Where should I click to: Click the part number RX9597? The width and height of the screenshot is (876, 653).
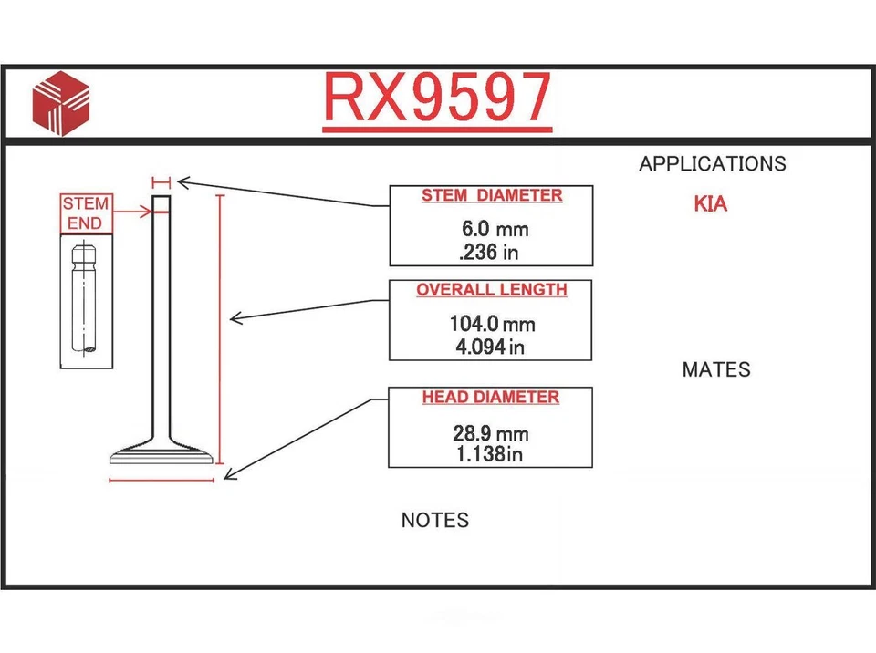pyautogui.click(x=437, y=98)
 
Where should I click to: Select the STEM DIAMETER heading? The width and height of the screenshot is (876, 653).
pyautogui.click(x=492, y=196)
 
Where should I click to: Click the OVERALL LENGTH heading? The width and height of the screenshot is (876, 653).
pyautogui.click(x=492, y=291)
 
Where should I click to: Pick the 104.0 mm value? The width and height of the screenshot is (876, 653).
pyautogui.click(x=491, y=324)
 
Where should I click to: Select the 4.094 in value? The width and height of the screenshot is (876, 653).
pyautogui.click(x=491, y=347)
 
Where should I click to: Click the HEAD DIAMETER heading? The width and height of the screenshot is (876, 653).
pyautogui.click(x=491, y=399)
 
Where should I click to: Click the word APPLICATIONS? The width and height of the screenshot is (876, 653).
pyautogui.click(x=712, y=164)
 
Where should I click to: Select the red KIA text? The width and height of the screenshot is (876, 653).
pyautogui.click(x=711, y=204)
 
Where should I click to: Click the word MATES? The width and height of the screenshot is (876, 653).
pyautogui.click(x=716, y=369)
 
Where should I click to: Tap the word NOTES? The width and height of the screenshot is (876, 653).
pyautogui.click(x=435, y=521)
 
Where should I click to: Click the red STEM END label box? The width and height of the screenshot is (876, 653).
pyautogui.click(x=86, y=213)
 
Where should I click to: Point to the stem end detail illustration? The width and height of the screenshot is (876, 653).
pyautogui.click(x=87, y=300)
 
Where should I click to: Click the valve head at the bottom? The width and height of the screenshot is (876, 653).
pyautogui.click(x=162, y=453)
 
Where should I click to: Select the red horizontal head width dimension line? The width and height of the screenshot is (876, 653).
pyautogui.click(x=162, y=479)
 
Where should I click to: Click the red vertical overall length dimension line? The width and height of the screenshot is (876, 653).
pyautogui.click(x=219, y=328)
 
